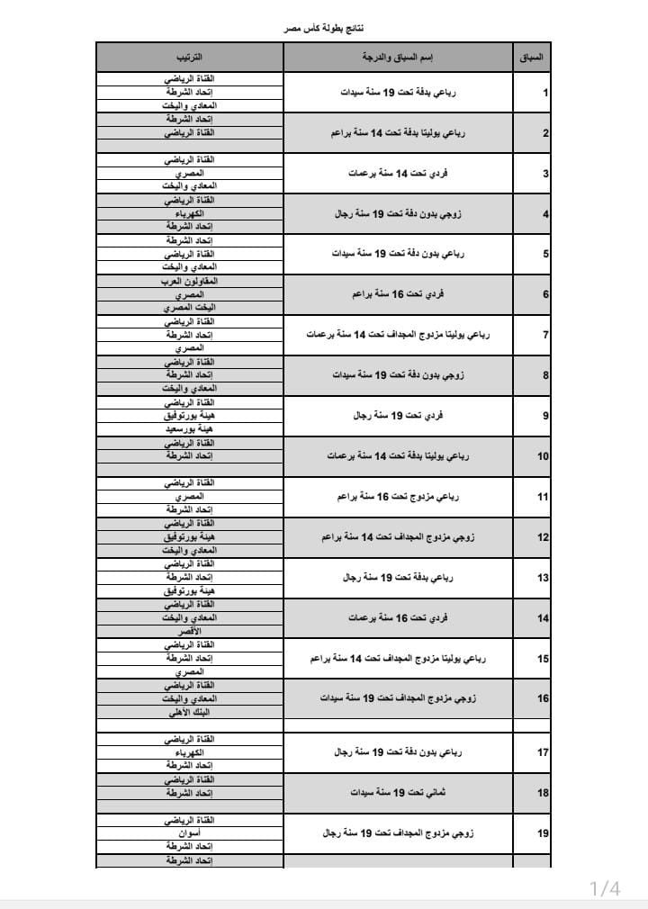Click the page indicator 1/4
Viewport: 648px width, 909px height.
pos(605,889)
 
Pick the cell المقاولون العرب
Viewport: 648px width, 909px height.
pos(189,282)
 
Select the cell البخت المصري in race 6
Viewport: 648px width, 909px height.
pos(189,308)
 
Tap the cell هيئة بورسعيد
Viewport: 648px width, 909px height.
pos(189,429)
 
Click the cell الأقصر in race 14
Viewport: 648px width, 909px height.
pos(189,632)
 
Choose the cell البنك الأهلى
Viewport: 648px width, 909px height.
pos(189,712)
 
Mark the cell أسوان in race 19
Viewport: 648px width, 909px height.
pos(189,833)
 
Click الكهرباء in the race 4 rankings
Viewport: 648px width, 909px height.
pos(189,214)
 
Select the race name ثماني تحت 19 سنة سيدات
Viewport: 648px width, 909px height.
pos(397,793)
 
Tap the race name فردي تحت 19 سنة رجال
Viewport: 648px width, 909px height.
pos(397,416)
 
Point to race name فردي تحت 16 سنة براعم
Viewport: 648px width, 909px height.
pos(397,294)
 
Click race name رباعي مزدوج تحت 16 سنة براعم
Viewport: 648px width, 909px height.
pos(397,496)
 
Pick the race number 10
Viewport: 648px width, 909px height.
pos(543,456)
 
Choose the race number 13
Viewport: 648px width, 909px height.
pos(543,578)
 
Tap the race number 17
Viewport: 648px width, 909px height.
pos(543,752)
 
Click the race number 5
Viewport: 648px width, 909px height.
pos(545,254)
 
